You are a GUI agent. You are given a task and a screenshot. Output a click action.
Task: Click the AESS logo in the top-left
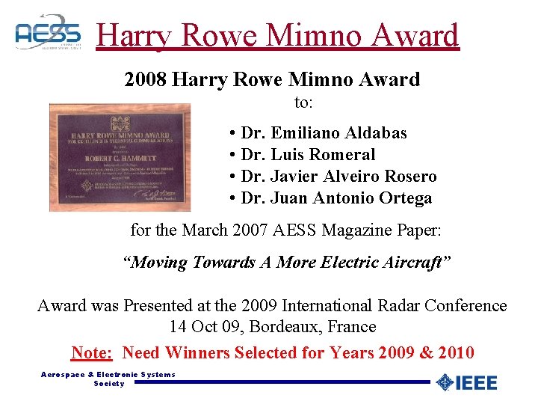point(48,32)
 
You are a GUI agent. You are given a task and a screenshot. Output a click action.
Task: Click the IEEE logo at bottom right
point(466,382)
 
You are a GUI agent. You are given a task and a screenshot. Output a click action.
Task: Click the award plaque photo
point(120,157)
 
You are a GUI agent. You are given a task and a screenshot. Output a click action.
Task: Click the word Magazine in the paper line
point(353,230)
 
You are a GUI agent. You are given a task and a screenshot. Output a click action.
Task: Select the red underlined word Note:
point(92,352)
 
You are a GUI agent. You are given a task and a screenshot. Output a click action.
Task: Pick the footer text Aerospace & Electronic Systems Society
point(108,379)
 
